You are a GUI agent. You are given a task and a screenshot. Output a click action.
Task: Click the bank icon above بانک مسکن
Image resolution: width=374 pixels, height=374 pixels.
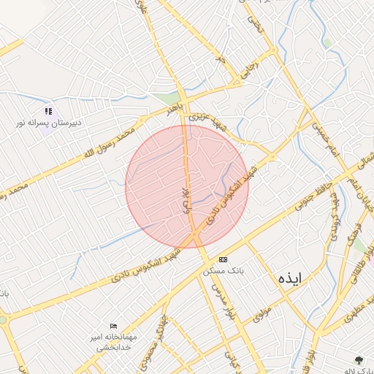coord(223,259)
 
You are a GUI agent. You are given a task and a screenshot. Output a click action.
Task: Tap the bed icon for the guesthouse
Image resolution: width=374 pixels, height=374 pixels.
coord(113,326)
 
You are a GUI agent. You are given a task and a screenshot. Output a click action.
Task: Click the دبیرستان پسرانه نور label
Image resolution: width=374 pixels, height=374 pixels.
coord(50,123)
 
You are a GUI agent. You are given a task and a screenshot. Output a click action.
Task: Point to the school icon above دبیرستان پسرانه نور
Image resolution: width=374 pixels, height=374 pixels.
coord(48,111)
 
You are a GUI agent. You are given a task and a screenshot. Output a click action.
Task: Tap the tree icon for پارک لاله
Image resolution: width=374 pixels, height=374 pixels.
coord(358,359)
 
